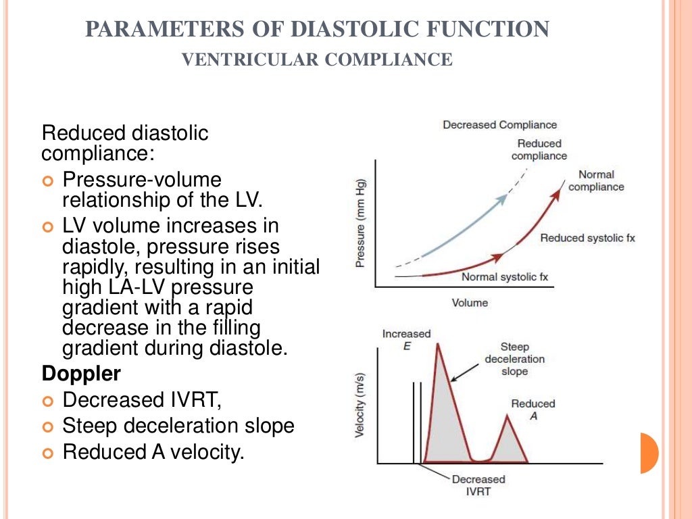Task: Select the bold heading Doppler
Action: point(72,374)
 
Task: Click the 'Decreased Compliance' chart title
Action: point(499,125)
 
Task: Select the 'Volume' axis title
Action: point(470,303)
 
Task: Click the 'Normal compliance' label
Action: point(596,181)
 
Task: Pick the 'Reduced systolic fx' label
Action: point(587,238)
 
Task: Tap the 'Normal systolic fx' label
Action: point(505,277)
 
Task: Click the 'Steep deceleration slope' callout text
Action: point(515,359)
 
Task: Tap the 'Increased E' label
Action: point(406,339)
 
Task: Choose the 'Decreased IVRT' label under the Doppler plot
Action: point(478,485)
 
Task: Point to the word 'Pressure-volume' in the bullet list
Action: point(141,180)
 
